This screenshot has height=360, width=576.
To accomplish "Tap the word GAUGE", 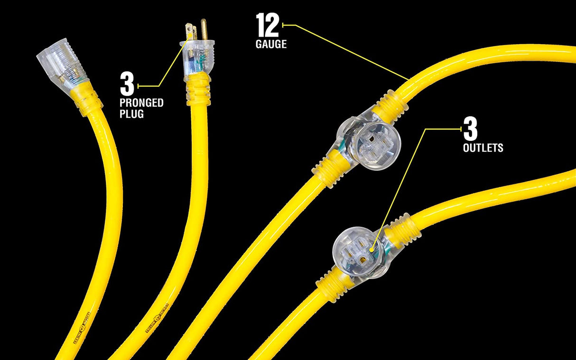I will (271, 45).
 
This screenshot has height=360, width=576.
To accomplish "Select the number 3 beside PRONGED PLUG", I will (127, 85).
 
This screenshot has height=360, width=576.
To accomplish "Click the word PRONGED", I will (141, 103).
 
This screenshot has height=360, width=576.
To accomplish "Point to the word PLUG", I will (131, 114).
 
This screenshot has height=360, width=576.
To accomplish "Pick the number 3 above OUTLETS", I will (470, 129).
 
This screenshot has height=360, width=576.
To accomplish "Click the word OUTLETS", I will (483, 148).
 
